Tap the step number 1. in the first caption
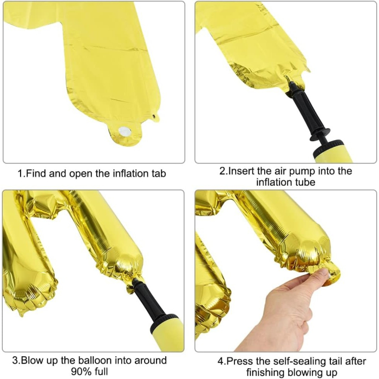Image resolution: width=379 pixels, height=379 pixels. pyautogui.click(x=22, y=174)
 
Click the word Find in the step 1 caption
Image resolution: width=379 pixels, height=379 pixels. pyautogui.click(x=38, y=174)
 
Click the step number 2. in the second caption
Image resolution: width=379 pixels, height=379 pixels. pyautogui.click(x=223, y=172)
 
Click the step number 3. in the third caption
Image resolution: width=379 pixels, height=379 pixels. pyautogui.click(x=18, y=361)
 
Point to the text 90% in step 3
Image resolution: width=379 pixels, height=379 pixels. pyautogui.click(x=82, y=372)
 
